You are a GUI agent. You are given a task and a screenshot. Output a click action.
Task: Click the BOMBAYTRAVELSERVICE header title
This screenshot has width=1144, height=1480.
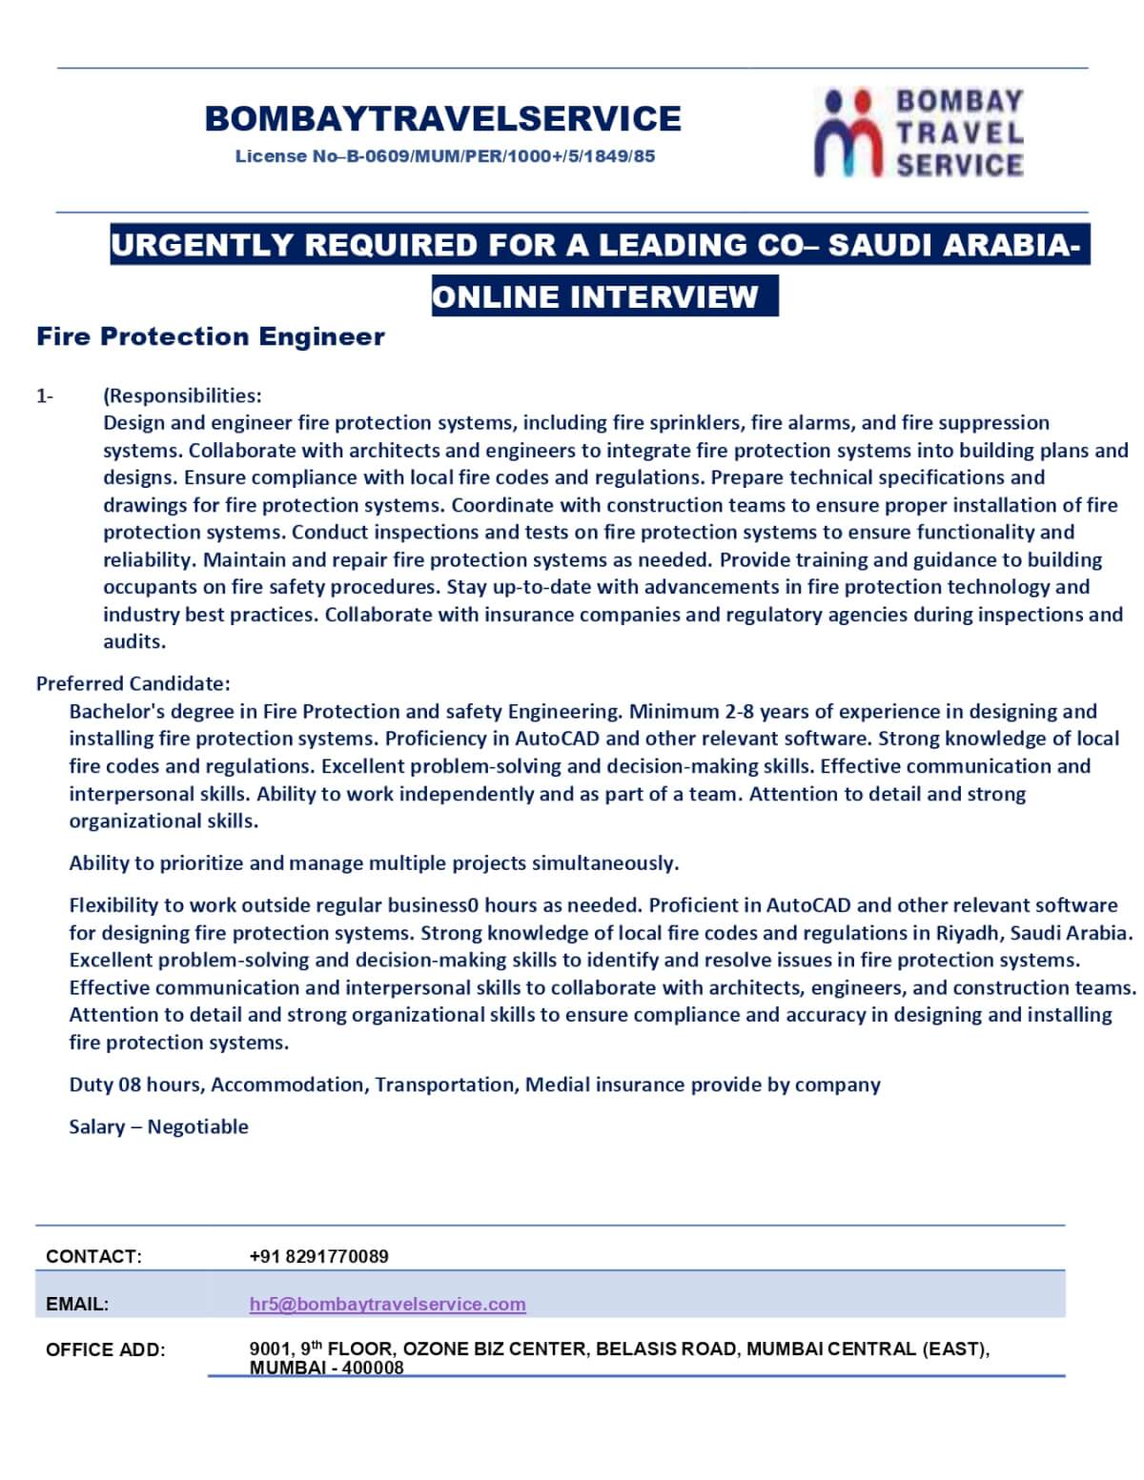click(x=442, y=118)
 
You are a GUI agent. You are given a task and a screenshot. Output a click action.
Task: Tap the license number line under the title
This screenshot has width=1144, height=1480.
click(x=445, y=156)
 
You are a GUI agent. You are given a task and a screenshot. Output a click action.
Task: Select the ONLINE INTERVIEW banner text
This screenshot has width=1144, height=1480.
click(x=595, y=296)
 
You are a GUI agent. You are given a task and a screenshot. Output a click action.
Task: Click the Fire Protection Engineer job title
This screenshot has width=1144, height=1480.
click(x=211, y=336)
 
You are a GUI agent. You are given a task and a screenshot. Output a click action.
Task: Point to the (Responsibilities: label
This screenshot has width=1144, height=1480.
click(x=182, y=395)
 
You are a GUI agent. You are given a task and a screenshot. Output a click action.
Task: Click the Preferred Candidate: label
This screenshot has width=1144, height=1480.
click(x=133, y=683)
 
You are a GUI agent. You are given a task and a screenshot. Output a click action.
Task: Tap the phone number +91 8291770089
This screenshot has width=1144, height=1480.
click(x=318, y=1256)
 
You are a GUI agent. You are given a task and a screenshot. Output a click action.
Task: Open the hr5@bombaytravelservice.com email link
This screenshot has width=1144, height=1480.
click(x=387, y=1304)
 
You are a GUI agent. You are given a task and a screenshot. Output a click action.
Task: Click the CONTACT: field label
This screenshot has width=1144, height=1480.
click(x=93, y=1256)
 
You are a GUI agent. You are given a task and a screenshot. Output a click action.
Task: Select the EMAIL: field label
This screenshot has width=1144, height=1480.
click(x=77, y=1304)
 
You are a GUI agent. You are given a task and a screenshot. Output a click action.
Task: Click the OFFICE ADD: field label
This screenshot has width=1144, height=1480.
click(x=105, y=1349)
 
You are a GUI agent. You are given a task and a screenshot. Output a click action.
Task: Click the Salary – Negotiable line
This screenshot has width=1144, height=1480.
click(x=158, y=1126)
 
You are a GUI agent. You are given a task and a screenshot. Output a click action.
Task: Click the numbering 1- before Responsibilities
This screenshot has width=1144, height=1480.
click(x=45, y=395)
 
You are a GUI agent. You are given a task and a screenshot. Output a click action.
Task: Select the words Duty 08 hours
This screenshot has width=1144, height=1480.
click(x=136, y=1085)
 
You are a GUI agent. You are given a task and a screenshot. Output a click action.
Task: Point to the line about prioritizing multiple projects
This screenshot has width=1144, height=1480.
click(x=374, y=863)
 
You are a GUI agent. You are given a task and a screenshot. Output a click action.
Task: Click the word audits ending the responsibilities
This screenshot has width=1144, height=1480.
click(x=133, y=641)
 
